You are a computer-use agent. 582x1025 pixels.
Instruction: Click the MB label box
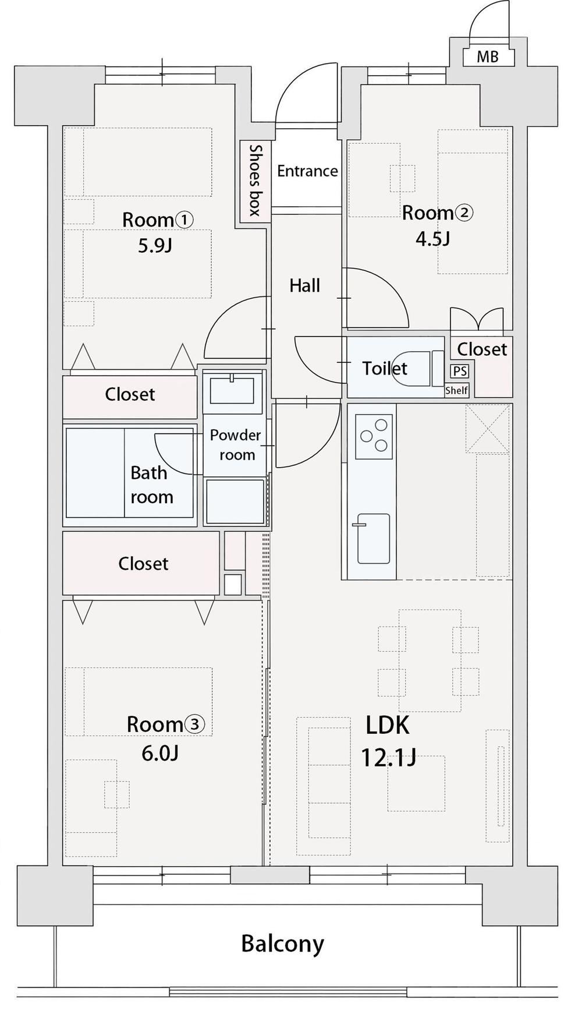pos(488,56)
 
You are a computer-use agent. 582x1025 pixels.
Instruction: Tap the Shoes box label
pos(255,181)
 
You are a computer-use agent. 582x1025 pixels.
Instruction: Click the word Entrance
pos(307,171)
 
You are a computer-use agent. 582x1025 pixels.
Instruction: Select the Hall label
pos(305,285)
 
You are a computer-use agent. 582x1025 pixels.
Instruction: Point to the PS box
pos(460,371)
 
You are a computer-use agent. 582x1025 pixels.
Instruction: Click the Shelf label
pos(456,390)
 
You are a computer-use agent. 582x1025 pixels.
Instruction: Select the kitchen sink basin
pos(373,539)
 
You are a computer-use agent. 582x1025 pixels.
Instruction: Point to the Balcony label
pos(283,943)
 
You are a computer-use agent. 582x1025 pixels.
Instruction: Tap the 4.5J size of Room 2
pos(432,239)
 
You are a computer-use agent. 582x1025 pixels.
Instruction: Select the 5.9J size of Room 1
pos(155,246)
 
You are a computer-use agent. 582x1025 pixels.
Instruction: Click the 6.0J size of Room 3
pos(160,753)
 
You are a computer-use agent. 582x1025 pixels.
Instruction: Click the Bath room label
pos(151,485)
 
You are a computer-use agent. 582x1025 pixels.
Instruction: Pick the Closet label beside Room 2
pos(482,349)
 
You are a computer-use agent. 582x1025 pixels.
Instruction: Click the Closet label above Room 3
pos(143,563)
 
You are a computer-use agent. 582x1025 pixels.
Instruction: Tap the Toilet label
pos(385,368)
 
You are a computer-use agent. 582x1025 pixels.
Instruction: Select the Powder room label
pos(236,445)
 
